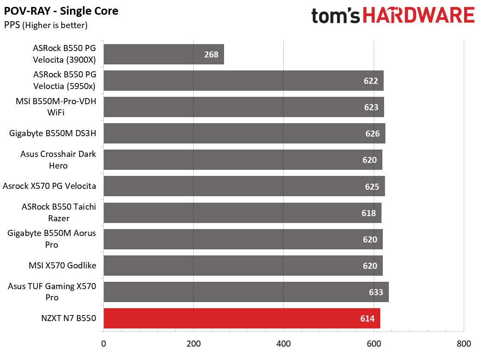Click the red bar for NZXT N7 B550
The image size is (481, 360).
pos(242,319)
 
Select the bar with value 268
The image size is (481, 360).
pos(164,54)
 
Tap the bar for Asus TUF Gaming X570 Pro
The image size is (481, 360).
pos(246,292)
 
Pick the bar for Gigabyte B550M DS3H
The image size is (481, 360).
pos(244,133)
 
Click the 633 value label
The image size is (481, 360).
pos(376,292)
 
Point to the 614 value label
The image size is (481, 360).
pos(367,319)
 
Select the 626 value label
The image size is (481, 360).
pos(372,134)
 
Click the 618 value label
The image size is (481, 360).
pos(369,213)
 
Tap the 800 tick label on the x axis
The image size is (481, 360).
pos(464,344)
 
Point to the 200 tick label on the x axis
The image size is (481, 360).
pos(193,344)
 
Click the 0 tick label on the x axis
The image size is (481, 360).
pos(104,344)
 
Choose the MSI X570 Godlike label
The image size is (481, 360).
pos(62,265)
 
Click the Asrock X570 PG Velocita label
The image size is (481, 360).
pos(49,186)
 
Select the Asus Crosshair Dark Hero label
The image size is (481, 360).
pos(58,159)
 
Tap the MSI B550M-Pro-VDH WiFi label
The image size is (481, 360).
pos(56,107)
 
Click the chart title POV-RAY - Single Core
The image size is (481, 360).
pos(61,11)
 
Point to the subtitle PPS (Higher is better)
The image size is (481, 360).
pos(46,25)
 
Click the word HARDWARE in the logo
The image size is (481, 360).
pos(419,15)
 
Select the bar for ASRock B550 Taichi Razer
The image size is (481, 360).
pos(242,213)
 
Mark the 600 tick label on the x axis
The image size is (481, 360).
pos(374,344)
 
